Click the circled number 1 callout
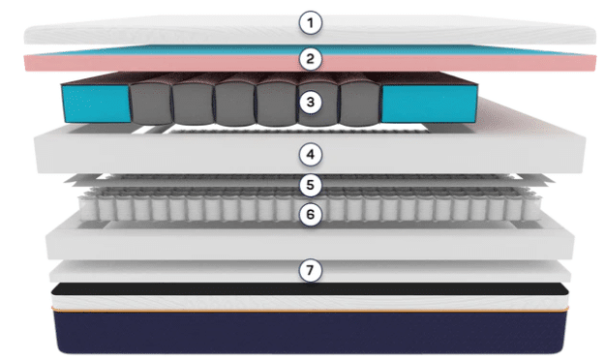(309, 21)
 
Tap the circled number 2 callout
(309, 59)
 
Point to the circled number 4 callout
(309, 153)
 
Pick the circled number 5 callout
(309, 184)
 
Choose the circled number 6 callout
(309, 215)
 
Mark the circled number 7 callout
(309, 271)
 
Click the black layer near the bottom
(194, 288)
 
